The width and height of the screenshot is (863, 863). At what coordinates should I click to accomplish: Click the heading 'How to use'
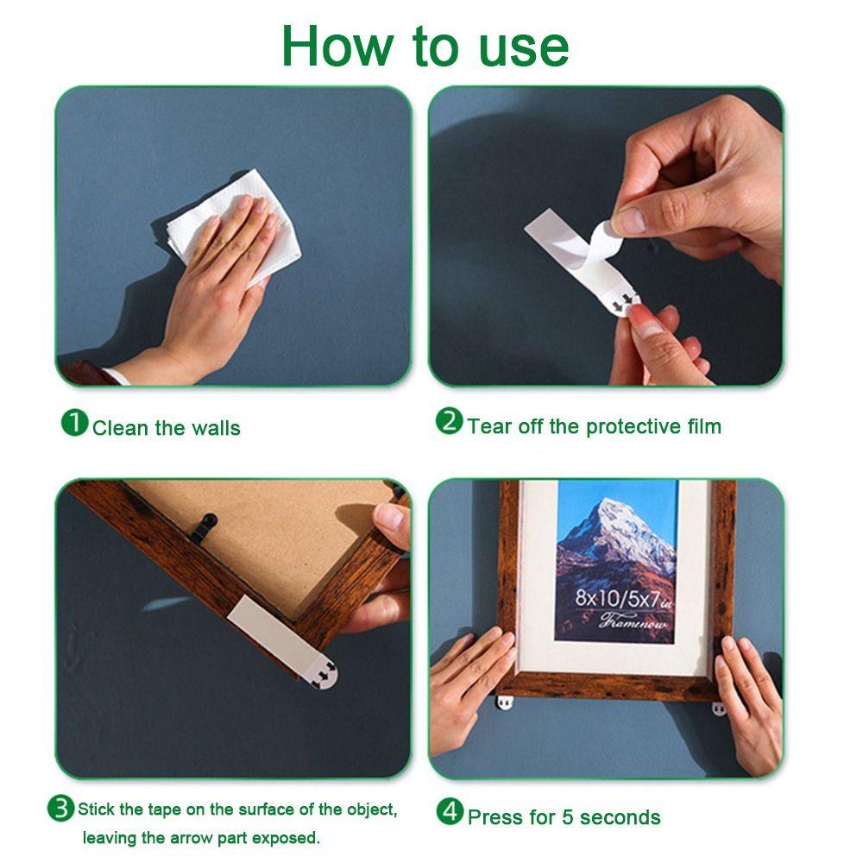425,46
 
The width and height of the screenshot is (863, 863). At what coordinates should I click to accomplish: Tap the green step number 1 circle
75,423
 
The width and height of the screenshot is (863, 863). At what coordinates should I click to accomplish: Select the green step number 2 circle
449,422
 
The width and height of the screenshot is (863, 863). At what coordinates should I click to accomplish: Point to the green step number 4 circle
449,812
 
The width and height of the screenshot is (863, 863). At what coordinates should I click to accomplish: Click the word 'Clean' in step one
120,428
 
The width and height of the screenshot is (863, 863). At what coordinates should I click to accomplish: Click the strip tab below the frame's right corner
719,708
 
